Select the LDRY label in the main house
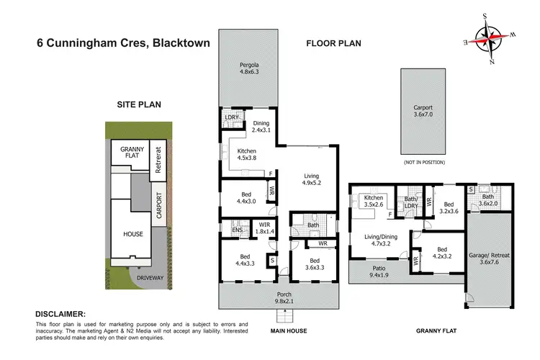coord(232,117)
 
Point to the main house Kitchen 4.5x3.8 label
coord(247,155)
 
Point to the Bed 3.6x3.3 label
coord(314,264)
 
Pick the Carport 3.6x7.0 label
coord(420,112)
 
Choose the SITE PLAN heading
coord(139,104)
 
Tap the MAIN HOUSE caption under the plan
coord(278,330)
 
